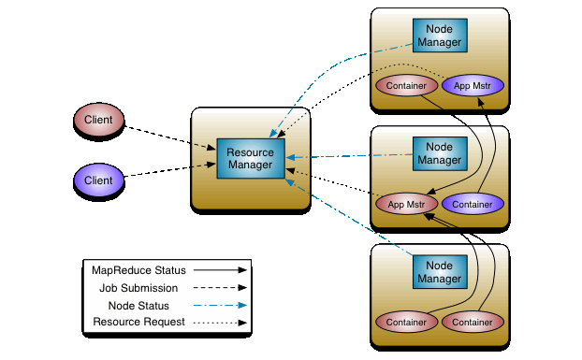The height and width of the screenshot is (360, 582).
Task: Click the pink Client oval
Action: [99, 120]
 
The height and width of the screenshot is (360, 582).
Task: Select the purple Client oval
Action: [99, 180]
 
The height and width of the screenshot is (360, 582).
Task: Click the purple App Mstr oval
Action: [473, 86]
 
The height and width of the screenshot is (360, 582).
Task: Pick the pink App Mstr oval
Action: [407, 203]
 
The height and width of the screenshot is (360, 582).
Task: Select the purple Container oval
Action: [473, 203]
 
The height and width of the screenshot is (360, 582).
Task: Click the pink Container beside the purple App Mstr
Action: [407, 86]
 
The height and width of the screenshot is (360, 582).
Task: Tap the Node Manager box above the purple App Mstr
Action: [439, 36]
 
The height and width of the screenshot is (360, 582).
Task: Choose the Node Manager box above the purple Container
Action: [439, 153]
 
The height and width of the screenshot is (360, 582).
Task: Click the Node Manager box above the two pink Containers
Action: [439, 272]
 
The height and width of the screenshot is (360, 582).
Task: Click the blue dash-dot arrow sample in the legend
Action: [216, 306]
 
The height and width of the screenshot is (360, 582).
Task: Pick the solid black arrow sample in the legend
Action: [216, 271]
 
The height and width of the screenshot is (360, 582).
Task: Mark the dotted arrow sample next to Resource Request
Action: [216, 324]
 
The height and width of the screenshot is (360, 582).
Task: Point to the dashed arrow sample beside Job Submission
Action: [216, 289]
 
